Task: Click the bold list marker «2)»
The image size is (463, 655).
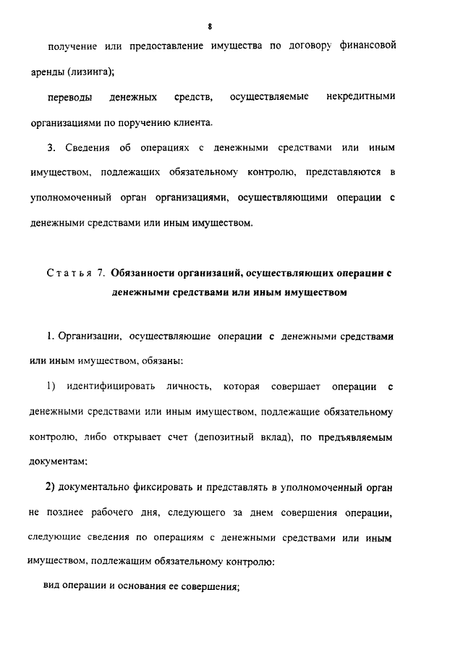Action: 51,487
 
